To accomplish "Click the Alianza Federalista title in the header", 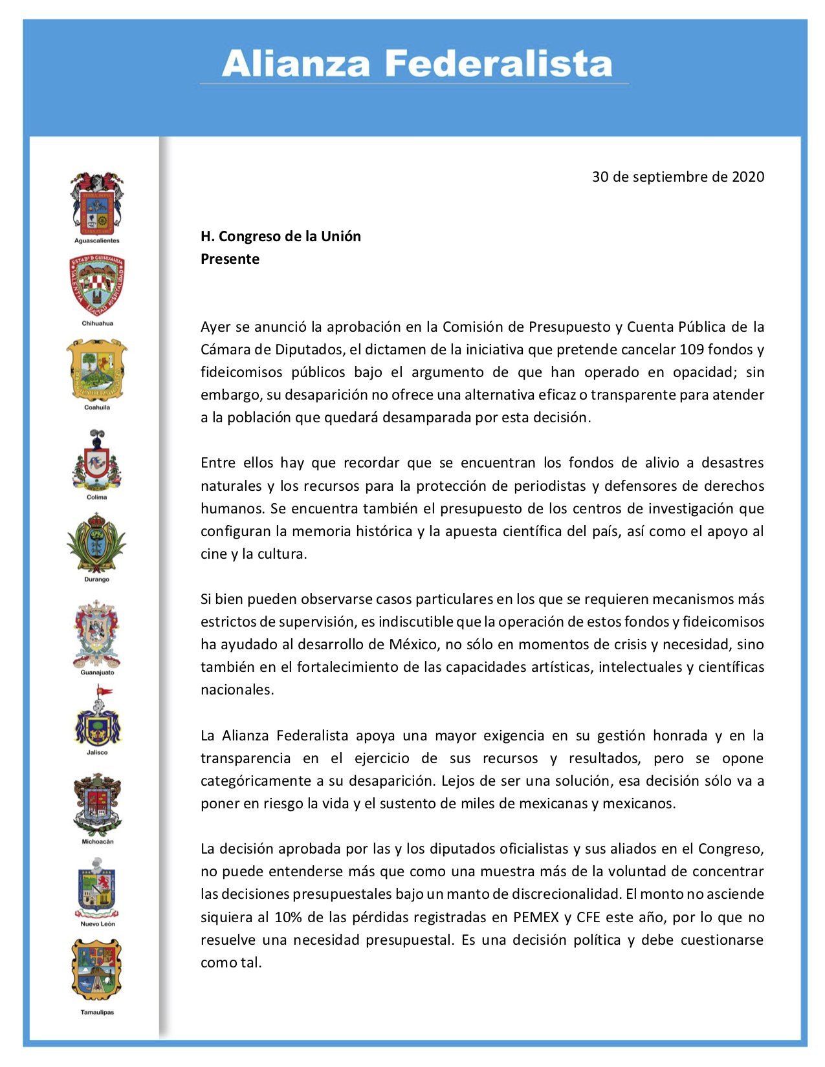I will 416,64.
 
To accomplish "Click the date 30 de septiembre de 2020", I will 677,177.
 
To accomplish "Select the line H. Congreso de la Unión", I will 280,236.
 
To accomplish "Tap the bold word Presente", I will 230,259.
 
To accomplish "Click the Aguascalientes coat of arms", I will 97,203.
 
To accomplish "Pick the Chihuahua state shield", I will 97,285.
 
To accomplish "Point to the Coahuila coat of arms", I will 97,369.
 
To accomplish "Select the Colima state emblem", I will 97,462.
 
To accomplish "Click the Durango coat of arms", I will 97,543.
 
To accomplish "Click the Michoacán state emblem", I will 97,805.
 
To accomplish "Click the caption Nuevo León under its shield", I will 98,924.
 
